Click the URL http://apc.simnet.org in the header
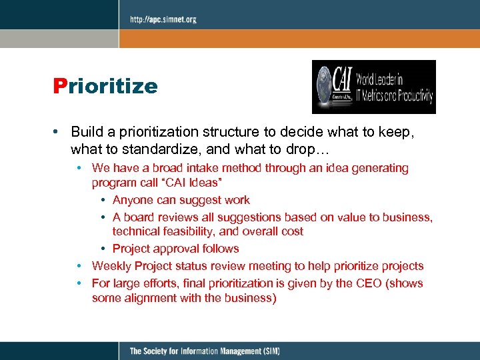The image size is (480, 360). tap(163, 20)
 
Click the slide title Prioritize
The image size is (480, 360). tap(105, 86)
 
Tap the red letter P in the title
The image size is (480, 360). tap(61, 86)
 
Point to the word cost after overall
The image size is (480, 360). tap(290, 232)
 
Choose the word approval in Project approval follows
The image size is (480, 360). tap(177, 249)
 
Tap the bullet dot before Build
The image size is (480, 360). tap(60, 133)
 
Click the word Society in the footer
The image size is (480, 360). tap(159, 351)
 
